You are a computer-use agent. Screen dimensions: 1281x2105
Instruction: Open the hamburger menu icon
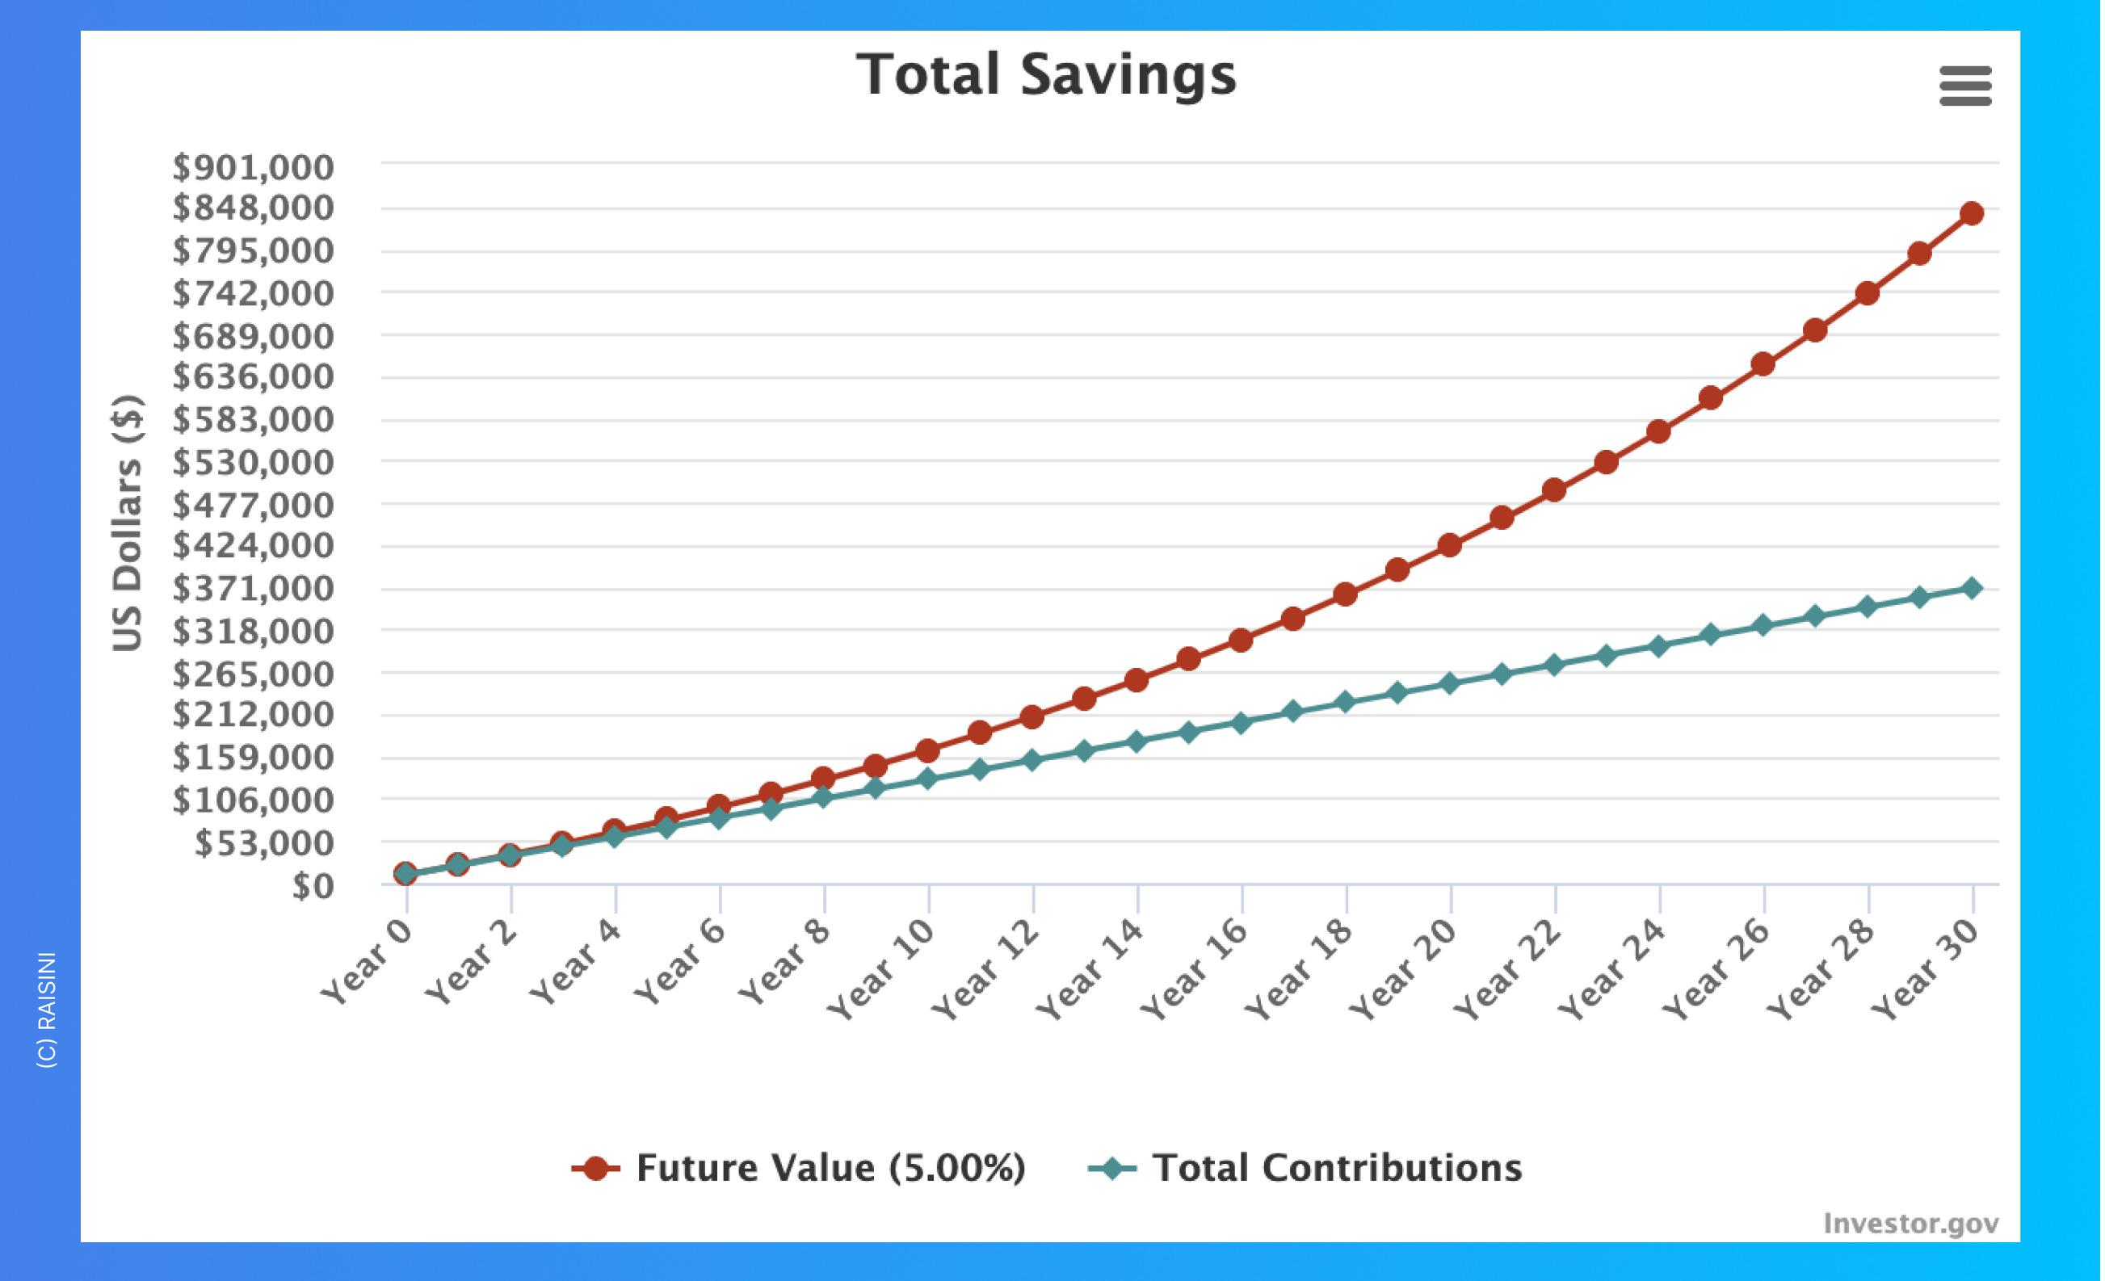click(x=1965, y=86)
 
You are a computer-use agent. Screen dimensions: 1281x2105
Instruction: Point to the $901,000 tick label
click(x=253, y=168)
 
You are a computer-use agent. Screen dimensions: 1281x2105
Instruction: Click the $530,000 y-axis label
click(x=253, y=463)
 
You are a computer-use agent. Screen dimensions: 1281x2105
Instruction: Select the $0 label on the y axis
click(x=312, y=887)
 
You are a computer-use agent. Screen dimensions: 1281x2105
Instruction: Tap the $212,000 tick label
click(x=253, y=714)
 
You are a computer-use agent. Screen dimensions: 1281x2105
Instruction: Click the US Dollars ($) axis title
click(x=128, y=523)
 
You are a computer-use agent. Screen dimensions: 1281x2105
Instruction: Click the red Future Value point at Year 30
click(x=1972, y=213)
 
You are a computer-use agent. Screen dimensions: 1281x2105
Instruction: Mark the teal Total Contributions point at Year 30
click(x=1972, y=587)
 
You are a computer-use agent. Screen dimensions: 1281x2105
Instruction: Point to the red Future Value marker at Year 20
click(x=1450, y=545)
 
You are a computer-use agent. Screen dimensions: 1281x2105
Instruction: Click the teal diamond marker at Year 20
click(x=1450, y=683)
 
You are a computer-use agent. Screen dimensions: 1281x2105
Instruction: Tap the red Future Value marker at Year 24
click(x=1659, y=431)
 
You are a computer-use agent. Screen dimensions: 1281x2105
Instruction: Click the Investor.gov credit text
click(x=1910, y=1224)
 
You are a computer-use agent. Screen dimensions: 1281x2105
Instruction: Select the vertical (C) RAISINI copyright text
click(x=48, y=1010)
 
